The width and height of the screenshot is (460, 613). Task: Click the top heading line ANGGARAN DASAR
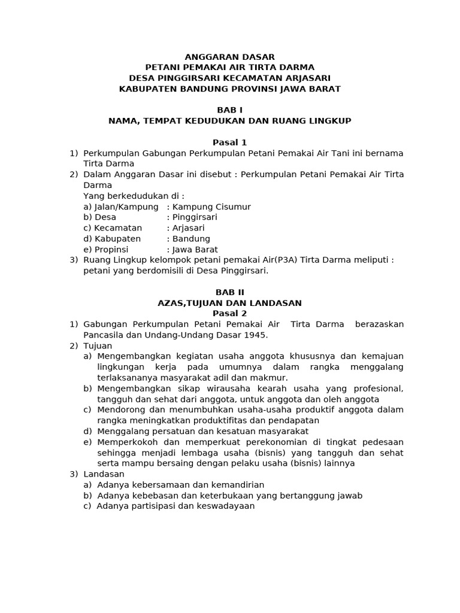click(x=229, y=57)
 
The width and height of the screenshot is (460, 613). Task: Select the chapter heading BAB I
click(x=229, y=110)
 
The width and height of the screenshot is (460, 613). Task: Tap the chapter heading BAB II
click(x=229, y=292)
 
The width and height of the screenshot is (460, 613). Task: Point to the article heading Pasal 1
click(x=229, y=142)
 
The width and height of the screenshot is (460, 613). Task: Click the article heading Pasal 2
click(x=229, y=314)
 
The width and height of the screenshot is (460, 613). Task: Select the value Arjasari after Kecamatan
click(x=188, y=228)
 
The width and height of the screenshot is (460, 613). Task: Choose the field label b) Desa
click(x=100, y=217)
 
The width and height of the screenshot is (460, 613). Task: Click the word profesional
click(x=375, y=389)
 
